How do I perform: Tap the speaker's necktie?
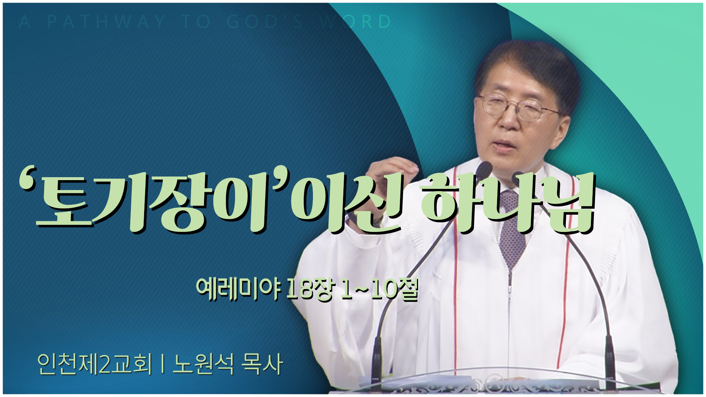click(513, 228)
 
